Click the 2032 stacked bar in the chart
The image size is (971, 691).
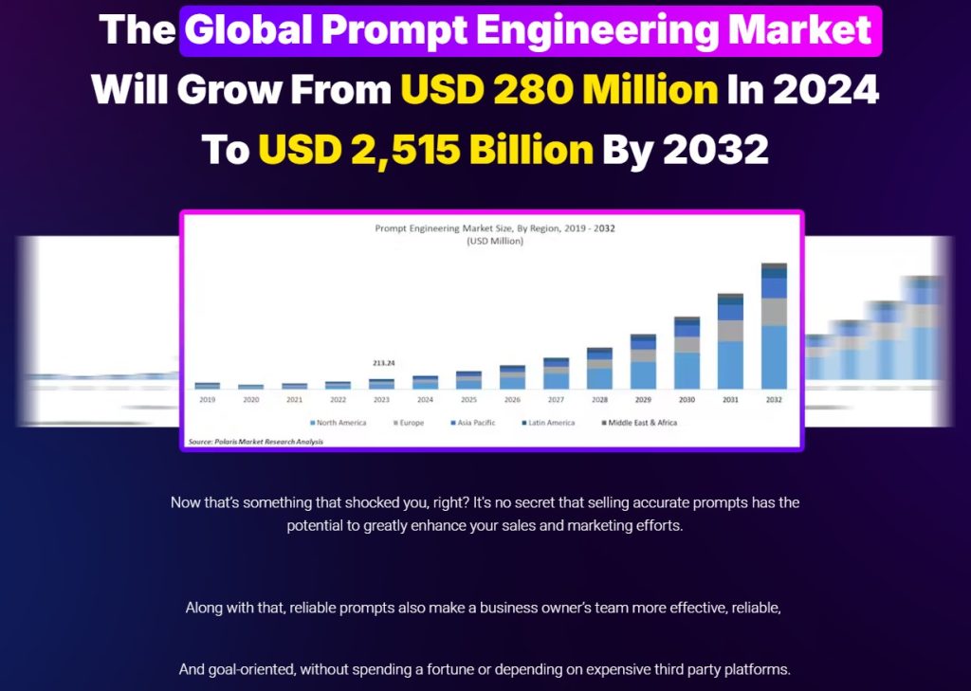[x=774, y=326]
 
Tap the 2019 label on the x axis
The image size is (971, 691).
[x=207, y=400]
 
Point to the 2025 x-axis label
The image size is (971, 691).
[x=468, y=400]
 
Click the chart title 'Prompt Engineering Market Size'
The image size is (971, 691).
[x=446, y=228]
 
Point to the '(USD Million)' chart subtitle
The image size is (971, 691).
[x=496, y=241]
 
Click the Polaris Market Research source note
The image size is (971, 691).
[x=255, y=442]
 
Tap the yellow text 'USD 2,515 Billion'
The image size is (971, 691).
[x=426, y=150]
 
